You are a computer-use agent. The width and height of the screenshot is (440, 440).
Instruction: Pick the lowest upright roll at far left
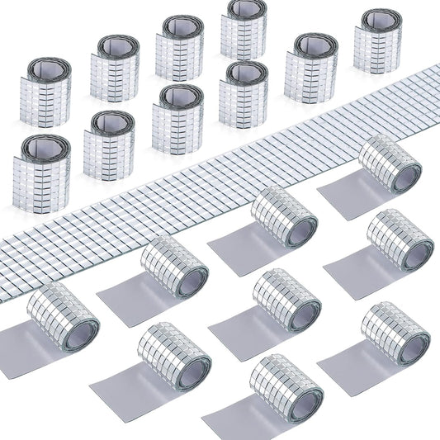[x=42, y=173]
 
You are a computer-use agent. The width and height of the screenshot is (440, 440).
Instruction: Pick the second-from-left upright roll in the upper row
[x=114, y=67]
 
